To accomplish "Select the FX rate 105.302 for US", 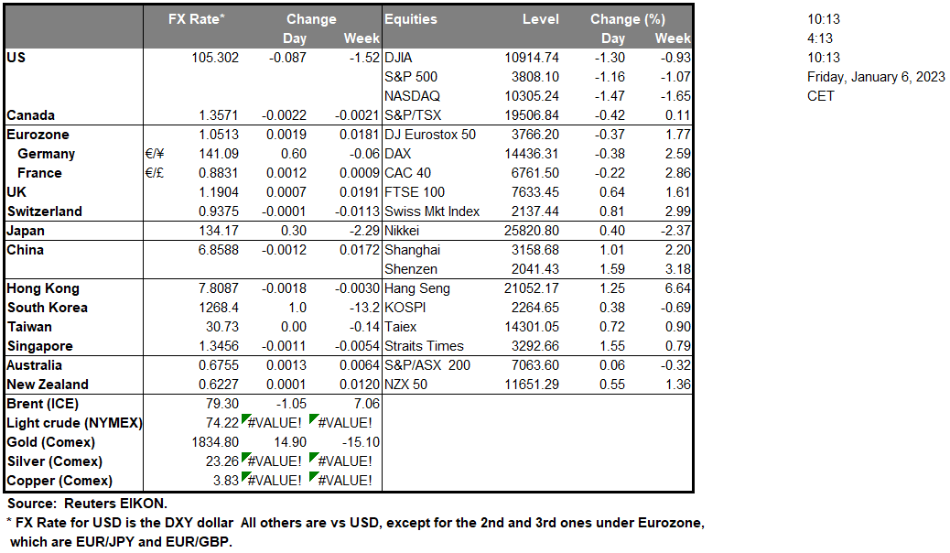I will (211, 58).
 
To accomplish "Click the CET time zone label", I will (820, 96).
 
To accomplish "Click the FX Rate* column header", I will (197, 19).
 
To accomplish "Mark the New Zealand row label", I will (47, 385).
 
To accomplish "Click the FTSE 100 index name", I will (415, 192).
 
